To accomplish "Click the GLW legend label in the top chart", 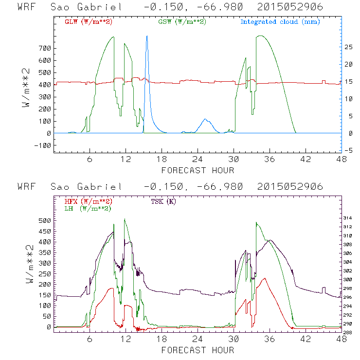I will click(x=86, y=22).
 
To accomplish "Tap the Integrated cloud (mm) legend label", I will click(x=280, y=22).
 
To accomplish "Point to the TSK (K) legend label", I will click(x=163, y=201).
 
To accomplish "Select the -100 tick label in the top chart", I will click(x=42, y=145).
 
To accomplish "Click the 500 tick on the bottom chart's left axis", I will click(x=44, y=220).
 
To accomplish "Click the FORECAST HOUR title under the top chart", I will click(x=198, y=170).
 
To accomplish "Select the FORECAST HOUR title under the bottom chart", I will click(x=198, y=350).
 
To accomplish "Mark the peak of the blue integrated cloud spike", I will click(x=146, y=36).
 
